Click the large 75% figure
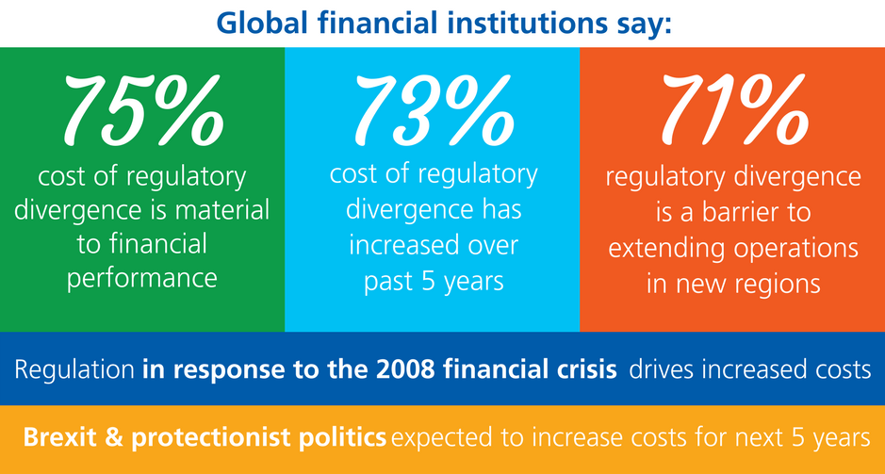tap(143, 107)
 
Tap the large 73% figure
tap(434, 107)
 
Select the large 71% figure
tap(734, 107)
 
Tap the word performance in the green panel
tap(142, 279)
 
